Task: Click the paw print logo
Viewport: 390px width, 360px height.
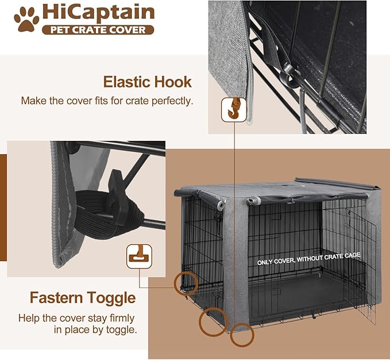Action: [27, 19]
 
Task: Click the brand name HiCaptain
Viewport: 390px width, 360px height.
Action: [98, 13]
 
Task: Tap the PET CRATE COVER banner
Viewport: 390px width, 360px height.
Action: [98, 29]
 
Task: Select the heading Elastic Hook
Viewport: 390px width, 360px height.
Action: [147, 82]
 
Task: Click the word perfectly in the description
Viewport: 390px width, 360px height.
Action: [169, 101]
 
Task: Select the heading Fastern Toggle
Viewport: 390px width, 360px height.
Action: [83, 298]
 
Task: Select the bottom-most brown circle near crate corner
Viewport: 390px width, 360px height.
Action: [241, 335]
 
